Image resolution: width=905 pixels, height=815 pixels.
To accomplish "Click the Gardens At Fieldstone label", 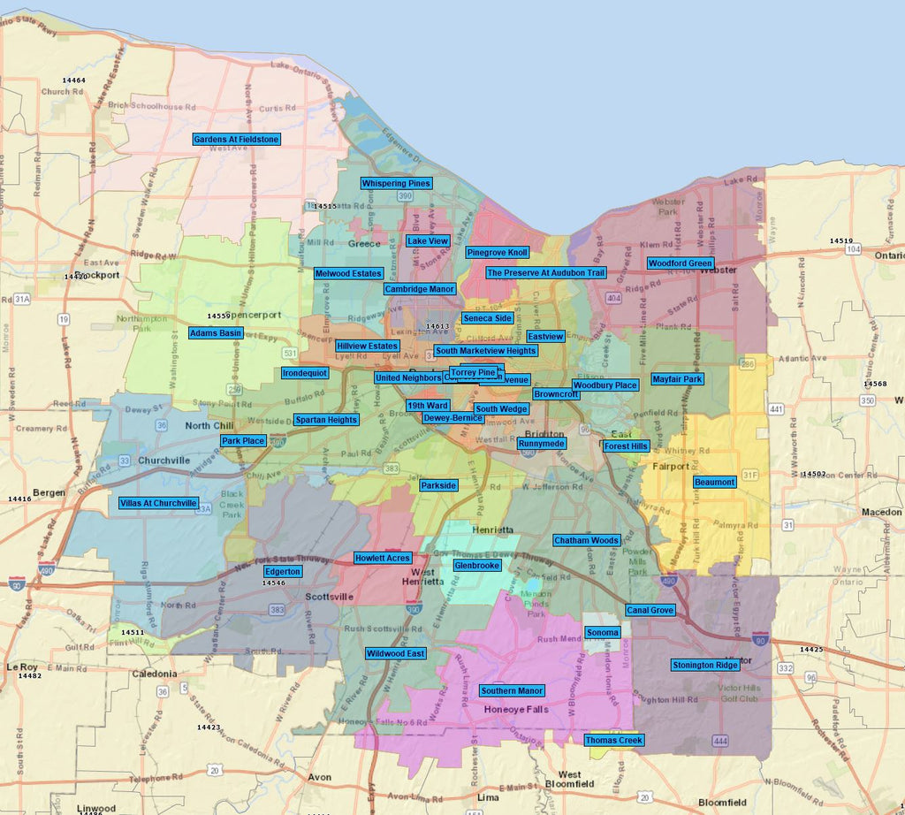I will click(236, 140).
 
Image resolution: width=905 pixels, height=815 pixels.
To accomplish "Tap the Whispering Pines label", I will click(396, 184).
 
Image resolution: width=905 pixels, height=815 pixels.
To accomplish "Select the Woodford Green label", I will click(681, 263).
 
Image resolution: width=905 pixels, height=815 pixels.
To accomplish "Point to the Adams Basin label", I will click(216, 333).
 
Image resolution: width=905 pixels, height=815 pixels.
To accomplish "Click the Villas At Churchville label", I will click(158, 503).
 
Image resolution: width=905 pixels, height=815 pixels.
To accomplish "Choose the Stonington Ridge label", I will click(704, 665).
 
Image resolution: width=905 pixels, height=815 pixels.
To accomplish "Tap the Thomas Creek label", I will click(613, 740).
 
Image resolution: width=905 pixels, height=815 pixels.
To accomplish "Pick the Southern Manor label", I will click(513, 690).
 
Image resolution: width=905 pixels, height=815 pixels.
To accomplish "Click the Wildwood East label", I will click(396, 653).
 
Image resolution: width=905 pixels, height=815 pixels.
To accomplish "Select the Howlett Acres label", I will click(382, 558).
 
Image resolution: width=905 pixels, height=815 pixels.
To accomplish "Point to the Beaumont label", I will click(714, 482).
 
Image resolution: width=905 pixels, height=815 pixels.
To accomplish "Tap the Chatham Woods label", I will click(586, 540).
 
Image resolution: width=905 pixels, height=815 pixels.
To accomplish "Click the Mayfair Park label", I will click(677, 379).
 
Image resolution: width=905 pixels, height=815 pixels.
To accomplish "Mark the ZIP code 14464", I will click(74, 80).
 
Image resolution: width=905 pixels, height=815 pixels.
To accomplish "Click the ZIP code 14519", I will click(840, 240).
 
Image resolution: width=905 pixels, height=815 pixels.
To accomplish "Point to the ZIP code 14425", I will click(810, 650).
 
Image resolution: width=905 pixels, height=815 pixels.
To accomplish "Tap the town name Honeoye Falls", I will click(516, 709).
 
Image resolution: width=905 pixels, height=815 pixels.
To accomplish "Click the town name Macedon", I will click(882, 512).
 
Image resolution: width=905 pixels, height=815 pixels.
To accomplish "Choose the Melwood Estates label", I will click(348, 274).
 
